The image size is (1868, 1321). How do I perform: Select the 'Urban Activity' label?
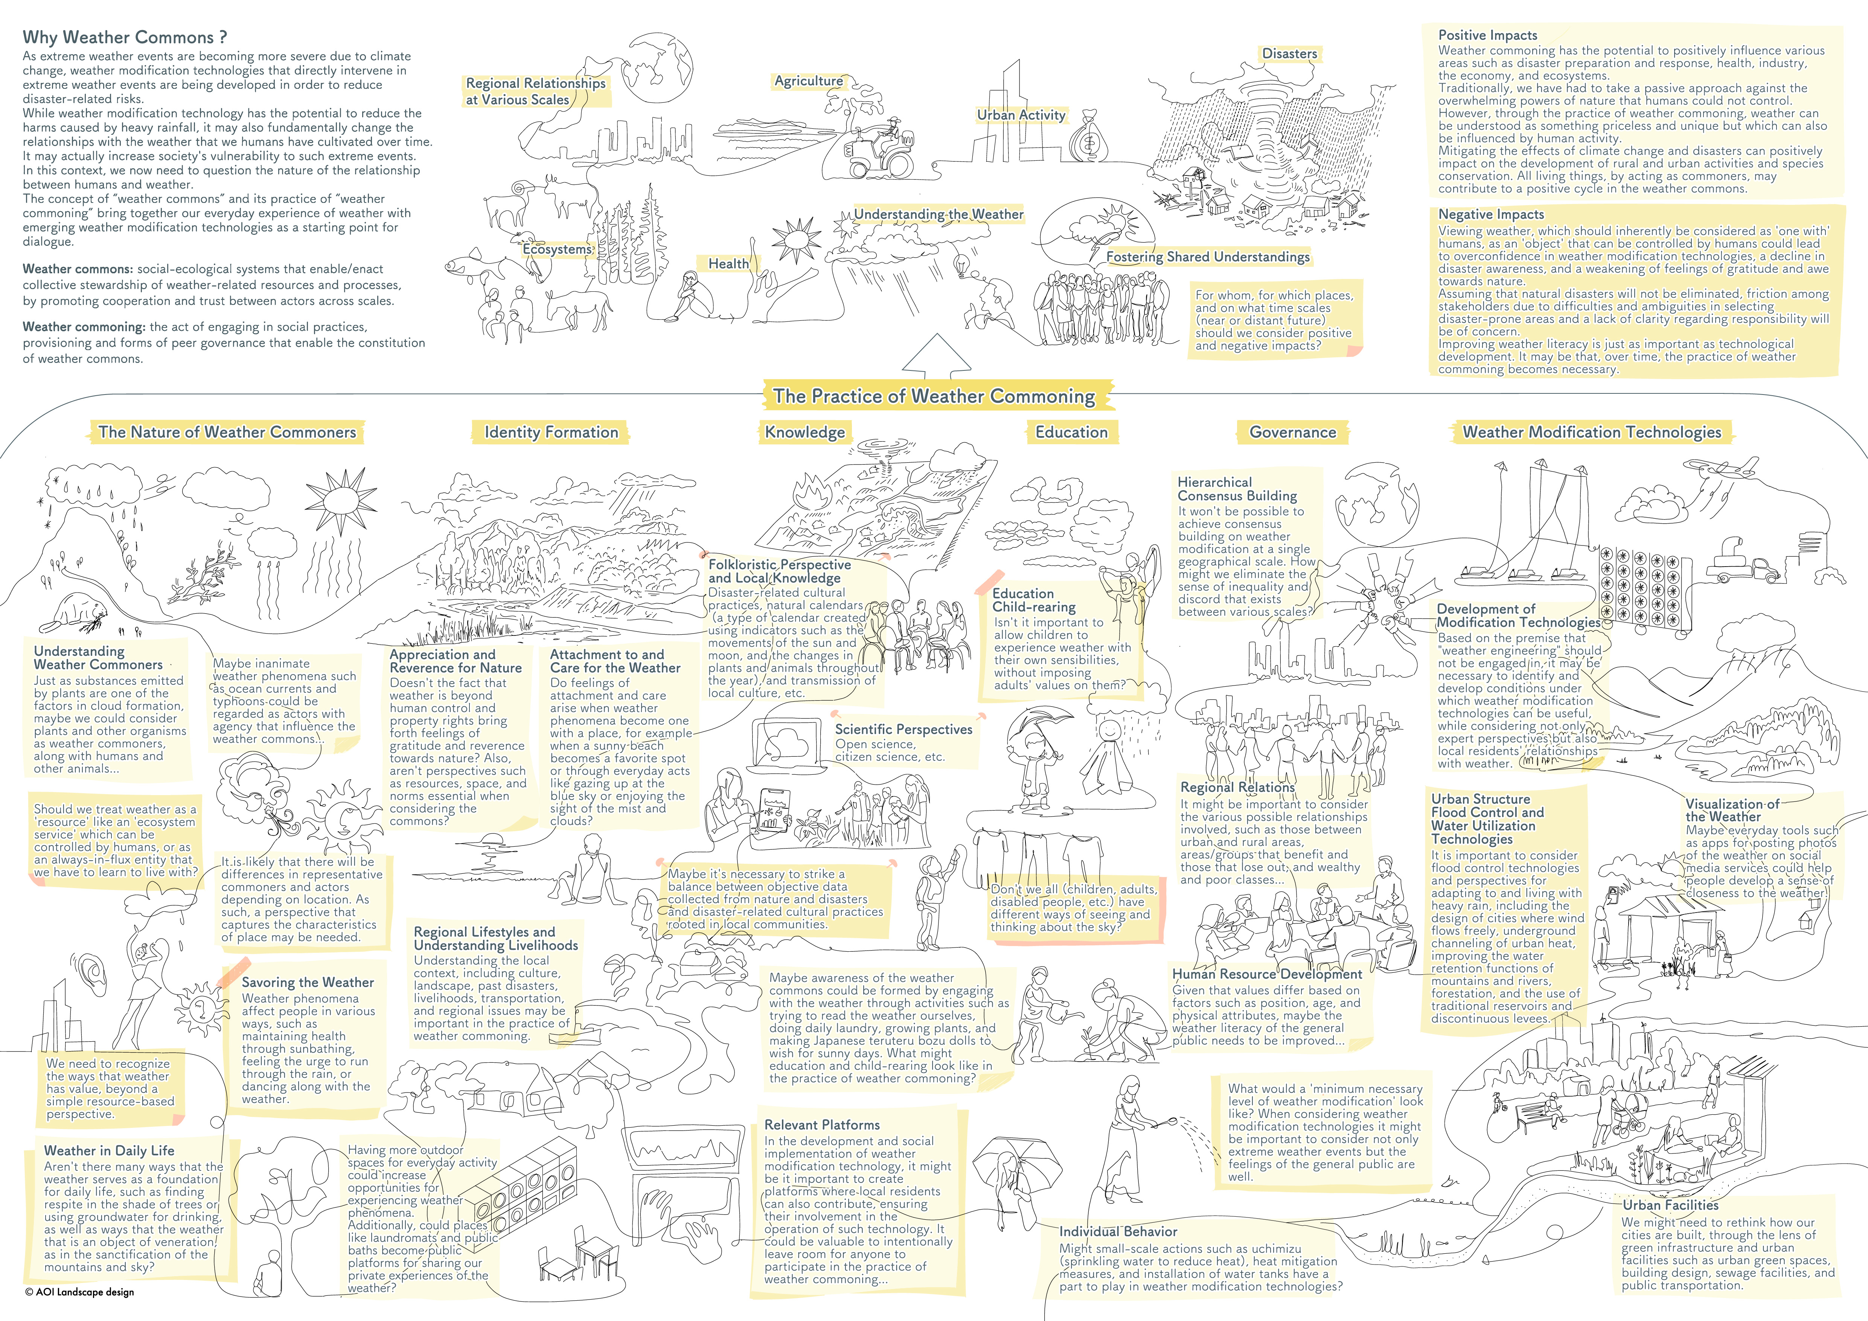click(1021, 116)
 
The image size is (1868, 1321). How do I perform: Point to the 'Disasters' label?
click(1289, 54)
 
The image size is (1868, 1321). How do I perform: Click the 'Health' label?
click(728, 264)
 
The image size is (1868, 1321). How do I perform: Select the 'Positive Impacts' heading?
click(1488, 35)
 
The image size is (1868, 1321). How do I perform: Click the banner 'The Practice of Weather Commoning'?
click(934, 396)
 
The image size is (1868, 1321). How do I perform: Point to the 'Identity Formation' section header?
click(552, 432)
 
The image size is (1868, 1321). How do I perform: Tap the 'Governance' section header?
click(1293, 432)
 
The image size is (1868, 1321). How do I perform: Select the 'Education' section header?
click(1071, 432)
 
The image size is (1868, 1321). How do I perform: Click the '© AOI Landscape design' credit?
click(80, 1292)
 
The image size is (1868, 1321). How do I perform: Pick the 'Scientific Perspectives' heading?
click(904, 730)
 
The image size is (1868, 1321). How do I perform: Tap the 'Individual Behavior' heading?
click(1118, 1231)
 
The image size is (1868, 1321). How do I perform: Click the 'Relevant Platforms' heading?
click(822, 1125)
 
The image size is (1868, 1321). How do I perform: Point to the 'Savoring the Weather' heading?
click(308, 983)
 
